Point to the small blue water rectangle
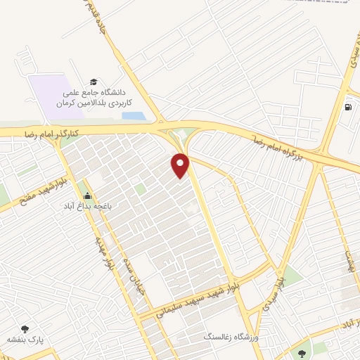pyautogui.click(x=134, y=116)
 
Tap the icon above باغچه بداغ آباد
pyautogui.click(x=87, y=196)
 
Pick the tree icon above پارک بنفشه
pyautogui.click(x=26, y=328)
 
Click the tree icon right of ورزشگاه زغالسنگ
pyautogui.click(x=302, y=353)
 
